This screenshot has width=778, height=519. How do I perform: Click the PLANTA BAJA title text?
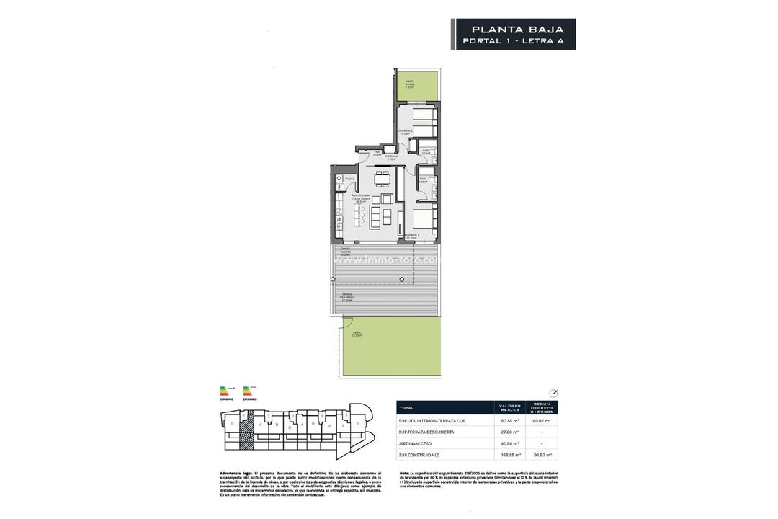click(516, 30)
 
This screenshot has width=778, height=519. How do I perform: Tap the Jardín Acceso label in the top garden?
click(409, 84)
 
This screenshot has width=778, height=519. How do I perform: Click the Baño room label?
click(424, 180)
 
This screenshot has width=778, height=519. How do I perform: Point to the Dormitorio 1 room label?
click(411, 236)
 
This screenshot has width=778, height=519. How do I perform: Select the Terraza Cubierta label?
click(346, 251)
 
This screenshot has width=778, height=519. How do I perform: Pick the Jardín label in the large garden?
click(357, 334)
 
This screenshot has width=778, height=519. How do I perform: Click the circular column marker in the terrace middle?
click(402, 279)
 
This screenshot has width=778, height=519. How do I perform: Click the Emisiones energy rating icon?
click(250, 391)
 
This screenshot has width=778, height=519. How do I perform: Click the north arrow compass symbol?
click(553, 393)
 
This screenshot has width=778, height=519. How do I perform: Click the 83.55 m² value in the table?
click(511, 420)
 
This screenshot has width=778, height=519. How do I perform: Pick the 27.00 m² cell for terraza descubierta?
click(511, 432)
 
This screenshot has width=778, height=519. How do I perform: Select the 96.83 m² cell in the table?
click(542, 455)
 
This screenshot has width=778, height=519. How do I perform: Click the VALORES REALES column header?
click(511, 407)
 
